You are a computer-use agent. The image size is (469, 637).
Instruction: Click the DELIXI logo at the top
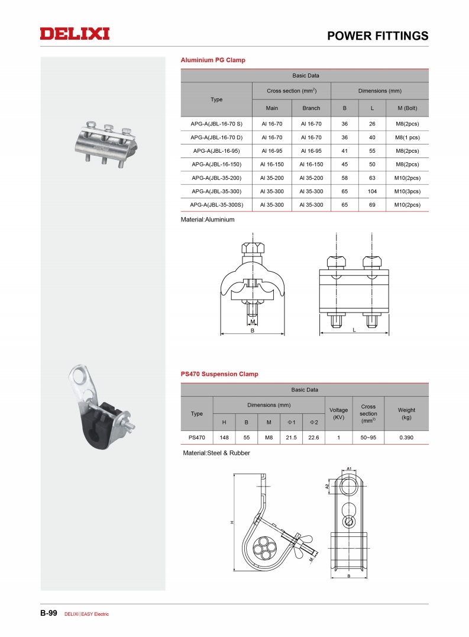[75, 34]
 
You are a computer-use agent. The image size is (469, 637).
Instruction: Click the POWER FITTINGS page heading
[378, 36]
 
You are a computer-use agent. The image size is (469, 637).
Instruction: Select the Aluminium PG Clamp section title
[213, 60]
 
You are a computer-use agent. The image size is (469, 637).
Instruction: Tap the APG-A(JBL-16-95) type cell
[216, 151]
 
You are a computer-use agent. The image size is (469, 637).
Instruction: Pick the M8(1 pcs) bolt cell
[407, 137]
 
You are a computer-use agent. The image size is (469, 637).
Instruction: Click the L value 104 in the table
[372, 191]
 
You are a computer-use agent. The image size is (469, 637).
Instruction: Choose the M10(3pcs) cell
[407, 191]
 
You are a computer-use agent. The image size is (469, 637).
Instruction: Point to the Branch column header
[311, 108]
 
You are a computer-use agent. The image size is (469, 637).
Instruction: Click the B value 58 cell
[344, 178]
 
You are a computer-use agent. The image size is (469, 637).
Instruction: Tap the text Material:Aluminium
[208, 220]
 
